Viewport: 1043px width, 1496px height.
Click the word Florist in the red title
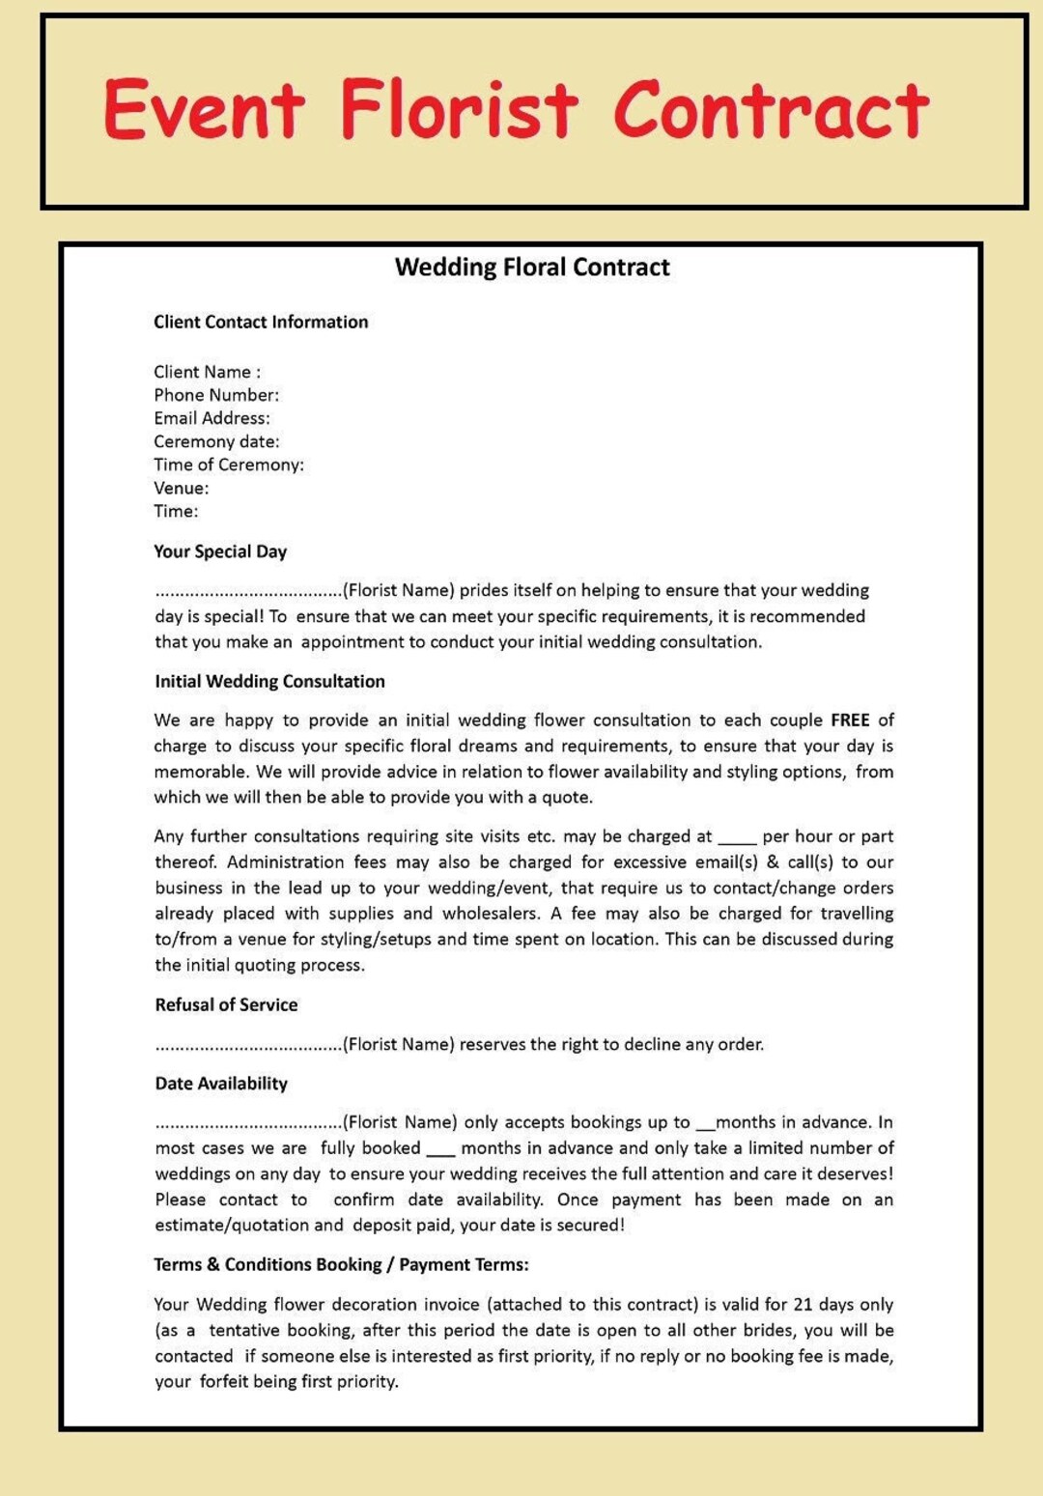pos(460,110)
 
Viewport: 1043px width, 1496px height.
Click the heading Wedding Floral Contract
pos(531,268)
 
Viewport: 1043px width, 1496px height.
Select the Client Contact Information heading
pos(261,322)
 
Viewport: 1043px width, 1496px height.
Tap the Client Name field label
pos(207,372)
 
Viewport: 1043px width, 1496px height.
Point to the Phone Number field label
pos(216,395)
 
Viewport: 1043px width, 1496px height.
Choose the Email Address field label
pos(211,418)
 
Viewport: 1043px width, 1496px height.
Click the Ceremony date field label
pos(216,441)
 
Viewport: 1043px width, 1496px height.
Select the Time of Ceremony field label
pos(229,465)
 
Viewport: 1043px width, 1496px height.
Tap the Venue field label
pos(181,488)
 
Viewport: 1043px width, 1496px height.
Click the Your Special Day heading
pos(220,551)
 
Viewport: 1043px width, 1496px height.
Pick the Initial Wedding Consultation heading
pos(269,681)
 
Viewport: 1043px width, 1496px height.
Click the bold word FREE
pos(850,720)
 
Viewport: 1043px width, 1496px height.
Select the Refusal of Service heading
pos(226,1004)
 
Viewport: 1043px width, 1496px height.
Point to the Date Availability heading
pos(221,1084)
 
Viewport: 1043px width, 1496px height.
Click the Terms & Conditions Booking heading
pos(341,1264)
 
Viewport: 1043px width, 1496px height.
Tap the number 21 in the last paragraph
pos(803,1305)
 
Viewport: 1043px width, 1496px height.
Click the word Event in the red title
pos(204,110)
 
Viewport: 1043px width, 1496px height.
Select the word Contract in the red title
pos(771,110)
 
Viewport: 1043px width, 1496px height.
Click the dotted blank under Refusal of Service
pos(248,1046)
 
